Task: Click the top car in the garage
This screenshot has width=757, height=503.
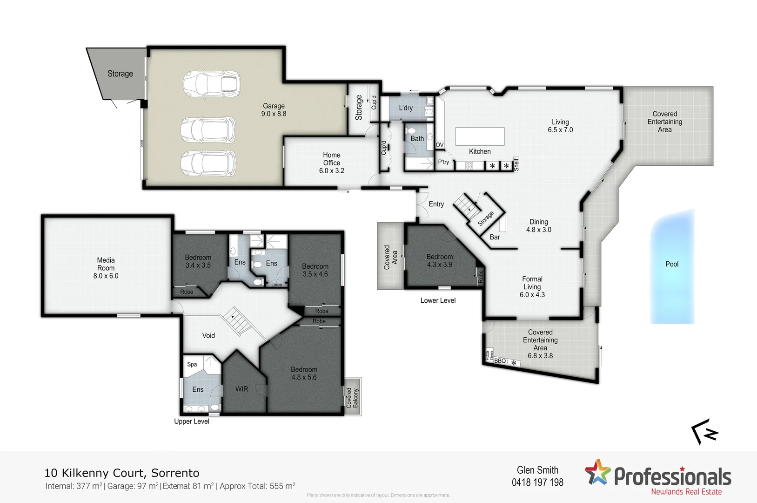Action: (212, 84)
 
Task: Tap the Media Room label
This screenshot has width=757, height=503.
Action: (106, 268)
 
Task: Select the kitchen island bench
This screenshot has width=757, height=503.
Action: (480, 136)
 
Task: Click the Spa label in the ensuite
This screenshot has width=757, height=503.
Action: (192, 364)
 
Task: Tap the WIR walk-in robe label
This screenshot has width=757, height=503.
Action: (241, 389)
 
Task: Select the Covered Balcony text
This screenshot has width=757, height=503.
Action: (352, 398)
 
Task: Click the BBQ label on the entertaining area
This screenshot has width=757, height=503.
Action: (500, 361)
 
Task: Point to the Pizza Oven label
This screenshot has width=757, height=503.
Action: (489, 355)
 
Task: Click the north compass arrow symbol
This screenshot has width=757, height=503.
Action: (704, 432)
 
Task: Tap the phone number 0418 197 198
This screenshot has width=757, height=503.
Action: (537, 483)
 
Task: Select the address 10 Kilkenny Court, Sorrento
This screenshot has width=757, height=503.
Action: (122, 473)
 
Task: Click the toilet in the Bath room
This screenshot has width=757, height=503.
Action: (410, 130)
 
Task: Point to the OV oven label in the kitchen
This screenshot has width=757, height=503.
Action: (440, 145)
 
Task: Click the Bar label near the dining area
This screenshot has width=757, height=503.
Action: (495, 237)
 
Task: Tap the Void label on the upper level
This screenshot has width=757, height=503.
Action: (208, 335)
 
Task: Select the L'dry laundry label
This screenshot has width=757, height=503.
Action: (406, 108)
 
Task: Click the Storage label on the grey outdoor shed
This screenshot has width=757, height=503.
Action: (120, 74)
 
